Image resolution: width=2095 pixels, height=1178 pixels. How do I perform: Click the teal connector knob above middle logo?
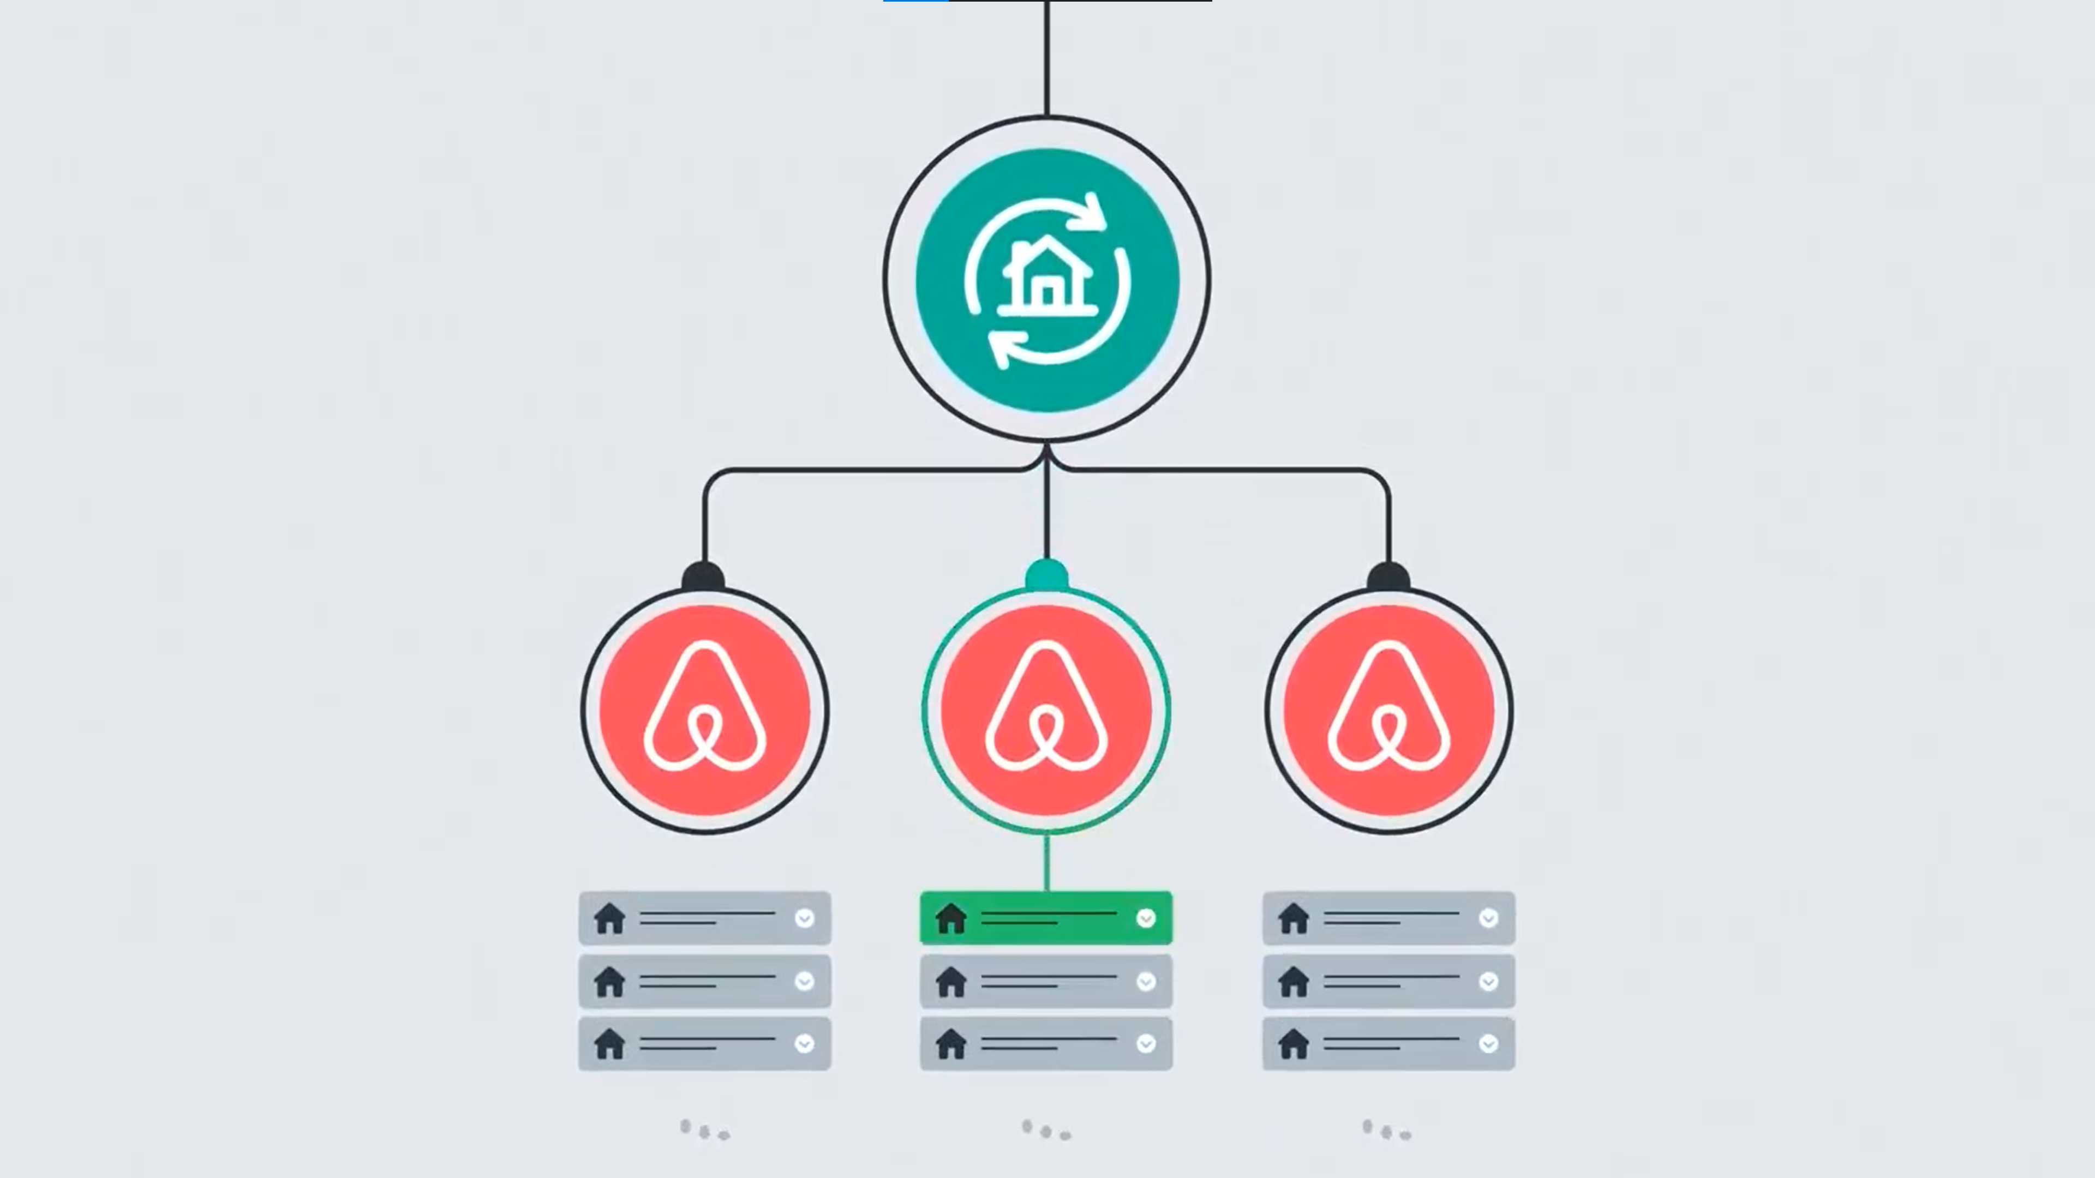pyautogui.click(x=1047, y=575)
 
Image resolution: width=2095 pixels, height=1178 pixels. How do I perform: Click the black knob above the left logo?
pyautogui.click(x=703, y=577)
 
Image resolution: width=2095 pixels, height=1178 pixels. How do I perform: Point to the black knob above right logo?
pyautogui.click(x=1389, y=577)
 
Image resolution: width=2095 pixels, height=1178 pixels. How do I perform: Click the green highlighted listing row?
pyautogui.click(x=1046, y=918)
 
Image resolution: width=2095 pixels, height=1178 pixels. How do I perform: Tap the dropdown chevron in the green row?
pyautogui.click(x=1146, y=918)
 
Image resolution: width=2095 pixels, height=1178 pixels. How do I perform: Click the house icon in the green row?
pyautogui.click(x=951, y=918)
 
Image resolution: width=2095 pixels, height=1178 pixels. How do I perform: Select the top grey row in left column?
pyautogui.click(x=704, y=918)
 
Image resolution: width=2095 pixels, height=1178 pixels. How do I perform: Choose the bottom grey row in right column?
pyautogui.click(x=1388, y=1044)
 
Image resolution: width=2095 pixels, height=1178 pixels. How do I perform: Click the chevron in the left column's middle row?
pyautogui.click(x=804, y=981)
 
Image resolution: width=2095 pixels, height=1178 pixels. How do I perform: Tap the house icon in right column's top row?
pyautogui.click(x=1293, y=918)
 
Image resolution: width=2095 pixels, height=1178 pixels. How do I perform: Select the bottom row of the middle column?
pyautogui.click(x=1046, y=1044)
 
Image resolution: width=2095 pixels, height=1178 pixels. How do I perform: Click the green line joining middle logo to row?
pyautogui.click(x=1047, y=862)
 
